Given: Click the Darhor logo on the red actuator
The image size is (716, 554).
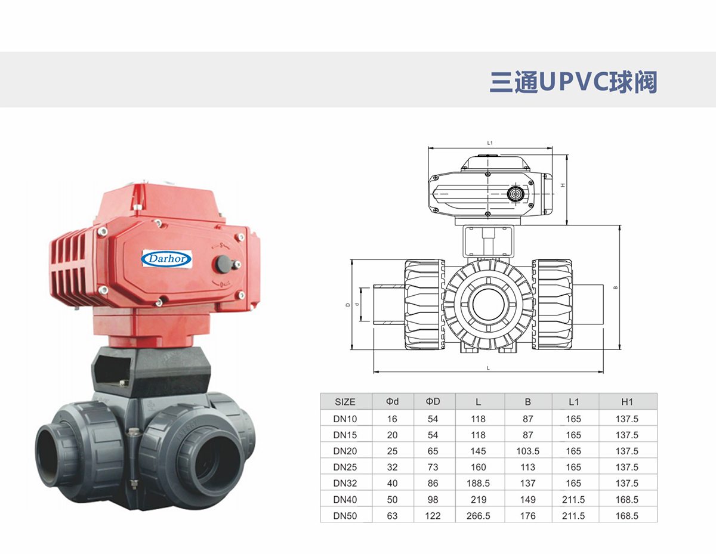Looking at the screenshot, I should [x=166, y=259].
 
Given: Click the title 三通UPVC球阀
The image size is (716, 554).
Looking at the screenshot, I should [x=573, y=82].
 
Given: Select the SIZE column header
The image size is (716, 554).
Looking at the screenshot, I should [x=345, y=402].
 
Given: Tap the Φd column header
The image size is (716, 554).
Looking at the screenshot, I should [x=392, y=402].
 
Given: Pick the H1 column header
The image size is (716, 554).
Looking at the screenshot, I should [x=626, y=402].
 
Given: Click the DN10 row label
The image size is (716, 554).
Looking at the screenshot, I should [x=345, y=419].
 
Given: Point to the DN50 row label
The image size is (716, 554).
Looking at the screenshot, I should [x=345, y=515].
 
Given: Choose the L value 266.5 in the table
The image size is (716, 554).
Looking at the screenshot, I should [x=478, y=515].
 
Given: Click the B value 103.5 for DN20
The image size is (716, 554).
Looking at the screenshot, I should [x=527, y=451].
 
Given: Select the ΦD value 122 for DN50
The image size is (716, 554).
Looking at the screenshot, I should [x=433, y=515].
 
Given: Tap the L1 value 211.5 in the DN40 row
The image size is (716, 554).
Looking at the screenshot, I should [x=573, y=499].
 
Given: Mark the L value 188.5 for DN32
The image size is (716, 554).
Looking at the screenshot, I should [x=478, y=483].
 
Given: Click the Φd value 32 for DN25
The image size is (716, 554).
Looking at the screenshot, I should [x=392, y=467].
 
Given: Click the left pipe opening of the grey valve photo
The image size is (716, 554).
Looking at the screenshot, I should [x=55, y=455].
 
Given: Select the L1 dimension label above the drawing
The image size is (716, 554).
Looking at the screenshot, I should [x=489, y=143].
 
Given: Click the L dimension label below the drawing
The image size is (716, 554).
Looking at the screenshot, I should [x=488, y=368].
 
